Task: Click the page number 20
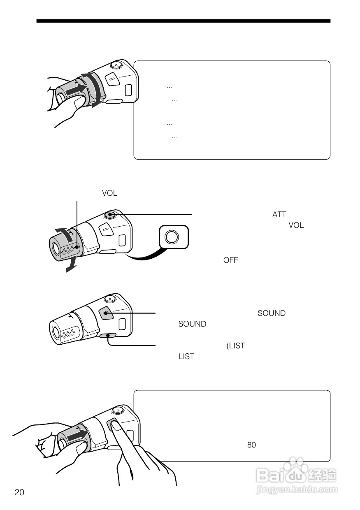point(19,492)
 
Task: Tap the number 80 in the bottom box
point(251,445)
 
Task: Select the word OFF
point(230,260)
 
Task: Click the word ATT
point(279,214)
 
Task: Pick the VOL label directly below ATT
point(296,225)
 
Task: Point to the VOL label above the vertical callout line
point(109,193)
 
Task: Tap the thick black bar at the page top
point(183,21)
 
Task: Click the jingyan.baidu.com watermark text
point(297,489)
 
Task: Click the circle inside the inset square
point(172,237)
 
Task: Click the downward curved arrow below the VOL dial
point(71,264)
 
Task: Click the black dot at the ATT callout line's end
point(110,214)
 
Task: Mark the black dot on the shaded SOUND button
point(106,313)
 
